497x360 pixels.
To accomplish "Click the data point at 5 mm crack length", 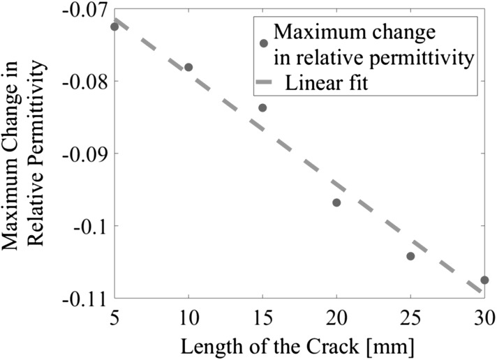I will (x=114, y=27).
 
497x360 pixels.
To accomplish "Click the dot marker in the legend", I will (x=264, y=43).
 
